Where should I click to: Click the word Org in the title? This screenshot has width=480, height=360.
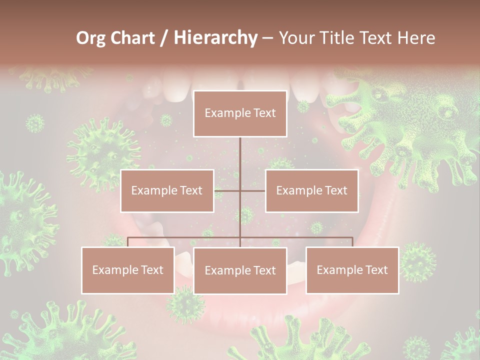pos(90,38)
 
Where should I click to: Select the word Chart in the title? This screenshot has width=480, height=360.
pos(130,38)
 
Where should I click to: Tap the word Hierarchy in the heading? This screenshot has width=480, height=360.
pos(215,38)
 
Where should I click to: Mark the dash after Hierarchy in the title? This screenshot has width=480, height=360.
pos(267,38)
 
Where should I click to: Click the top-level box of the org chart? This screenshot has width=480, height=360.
pos(240,113)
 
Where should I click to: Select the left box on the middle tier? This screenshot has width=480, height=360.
pos(167,190)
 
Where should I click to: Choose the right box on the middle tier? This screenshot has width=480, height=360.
pos(311,190)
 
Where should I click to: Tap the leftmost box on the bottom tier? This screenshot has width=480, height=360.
pos(128,270)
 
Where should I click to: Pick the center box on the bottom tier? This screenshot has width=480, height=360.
pos(240,270)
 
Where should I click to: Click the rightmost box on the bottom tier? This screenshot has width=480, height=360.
pos(352,270)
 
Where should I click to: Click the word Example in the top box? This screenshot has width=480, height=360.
pos(223,113)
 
